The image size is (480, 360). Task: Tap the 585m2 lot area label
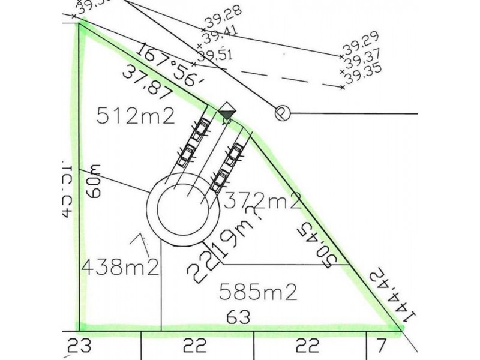(x=259, y=292)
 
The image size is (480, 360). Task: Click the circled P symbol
(x=281, y=113)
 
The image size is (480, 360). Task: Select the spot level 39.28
(x=221, y=23)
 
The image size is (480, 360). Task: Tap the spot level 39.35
(x=364, y=76)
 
